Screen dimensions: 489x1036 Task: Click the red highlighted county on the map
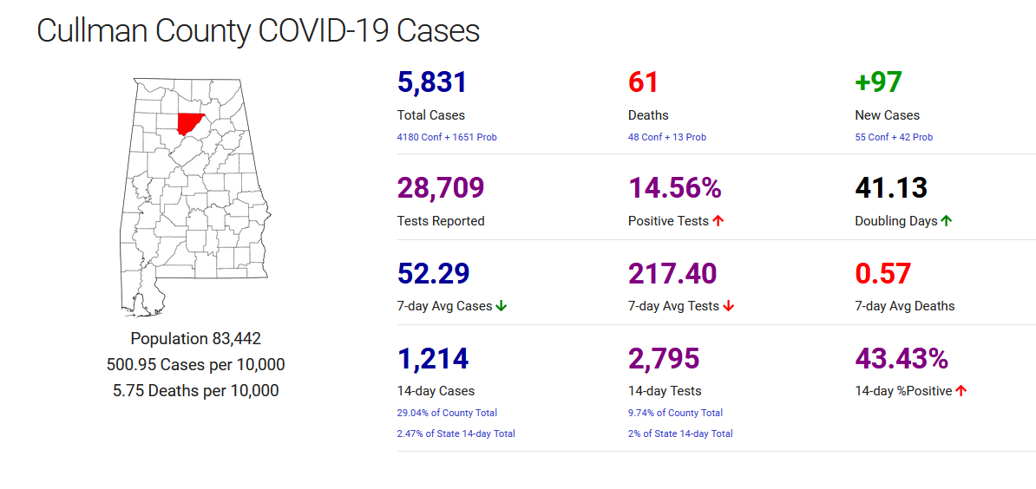tap(190, 122)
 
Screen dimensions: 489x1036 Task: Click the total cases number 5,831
tap(432, 82)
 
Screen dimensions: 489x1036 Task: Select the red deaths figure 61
tap(643, 82)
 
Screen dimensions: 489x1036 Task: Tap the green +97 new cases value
tap(878, 82)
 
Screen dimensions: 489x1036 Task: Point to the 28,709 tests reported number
tap(440, 188)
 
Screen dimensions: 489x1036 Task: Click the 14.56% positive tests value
tap(675, 188)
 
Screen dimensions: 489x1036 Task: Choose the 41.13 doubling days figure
tap(891, 188)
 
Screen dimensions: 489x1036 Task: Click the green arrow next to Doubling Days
tap(946, 221)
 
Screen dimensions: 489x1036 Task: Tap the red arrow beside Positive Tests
tap(718, 221)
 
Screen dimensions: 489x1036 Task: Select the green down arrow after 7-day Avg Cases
tap(501, 306)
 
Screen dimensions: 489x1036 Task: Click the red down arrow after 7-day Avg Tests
tap(728, 306)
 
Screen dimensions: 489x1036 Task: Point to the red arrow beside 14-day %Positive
tap(961, 391)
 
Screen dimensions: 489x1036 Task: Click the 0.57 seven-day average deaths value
tap(882, 273)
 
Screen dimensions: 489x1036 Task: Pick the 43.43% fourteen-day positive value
tap(902, 358)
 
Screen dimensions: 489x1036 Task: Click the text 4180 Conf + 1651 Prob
tap(447, 137)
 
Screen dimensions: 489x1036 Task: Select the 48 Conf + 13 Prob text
tap(667, 137)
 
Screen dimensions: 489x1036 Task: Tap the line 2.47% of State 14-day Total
tap(456, 434)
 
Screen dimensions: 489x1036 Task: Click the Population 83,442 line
tap(195, 339)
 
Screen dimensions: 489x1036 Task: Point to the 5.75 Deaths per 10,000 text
tap(195, 391)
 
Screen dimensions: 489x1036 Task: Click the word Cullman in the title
tap(92, 31)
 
